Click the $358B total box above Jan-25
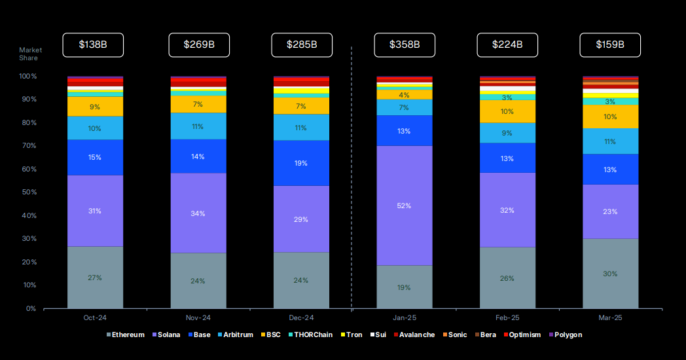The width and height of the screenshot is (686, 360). click(405, 45)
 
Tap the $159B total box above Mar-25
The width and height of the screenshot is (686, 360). click(610, 45)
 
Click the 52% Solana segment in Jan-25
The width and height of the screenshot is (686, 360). click(404, 206)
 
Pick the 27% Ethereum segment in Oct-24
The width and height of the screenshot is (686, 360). click(95, 278)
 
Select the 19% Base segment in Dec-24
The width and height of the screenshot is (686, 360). click(301, 163)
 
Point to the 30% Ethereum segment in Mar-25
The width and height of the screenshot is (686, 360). click(610, 274)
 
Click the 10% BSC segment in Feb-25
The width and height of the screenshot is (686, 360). click(507, 111)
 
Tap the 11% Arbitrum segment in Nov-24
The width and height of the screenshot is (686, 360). click(198, 126)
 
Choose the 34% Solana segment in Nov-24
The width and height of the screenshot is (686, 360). click(198, 213)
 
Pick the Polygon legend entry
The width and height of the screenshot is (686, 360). click(566, 335)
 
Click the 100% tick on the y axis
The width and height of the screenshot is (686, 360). click(27, 77)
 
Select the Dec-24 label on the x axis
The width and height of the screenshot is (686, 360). click(301, 318)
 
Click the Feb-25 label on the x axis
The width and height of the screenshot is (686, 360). click(507, 318)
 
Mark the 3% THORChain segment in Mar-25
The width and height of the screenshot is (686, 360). click(610, 101)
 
